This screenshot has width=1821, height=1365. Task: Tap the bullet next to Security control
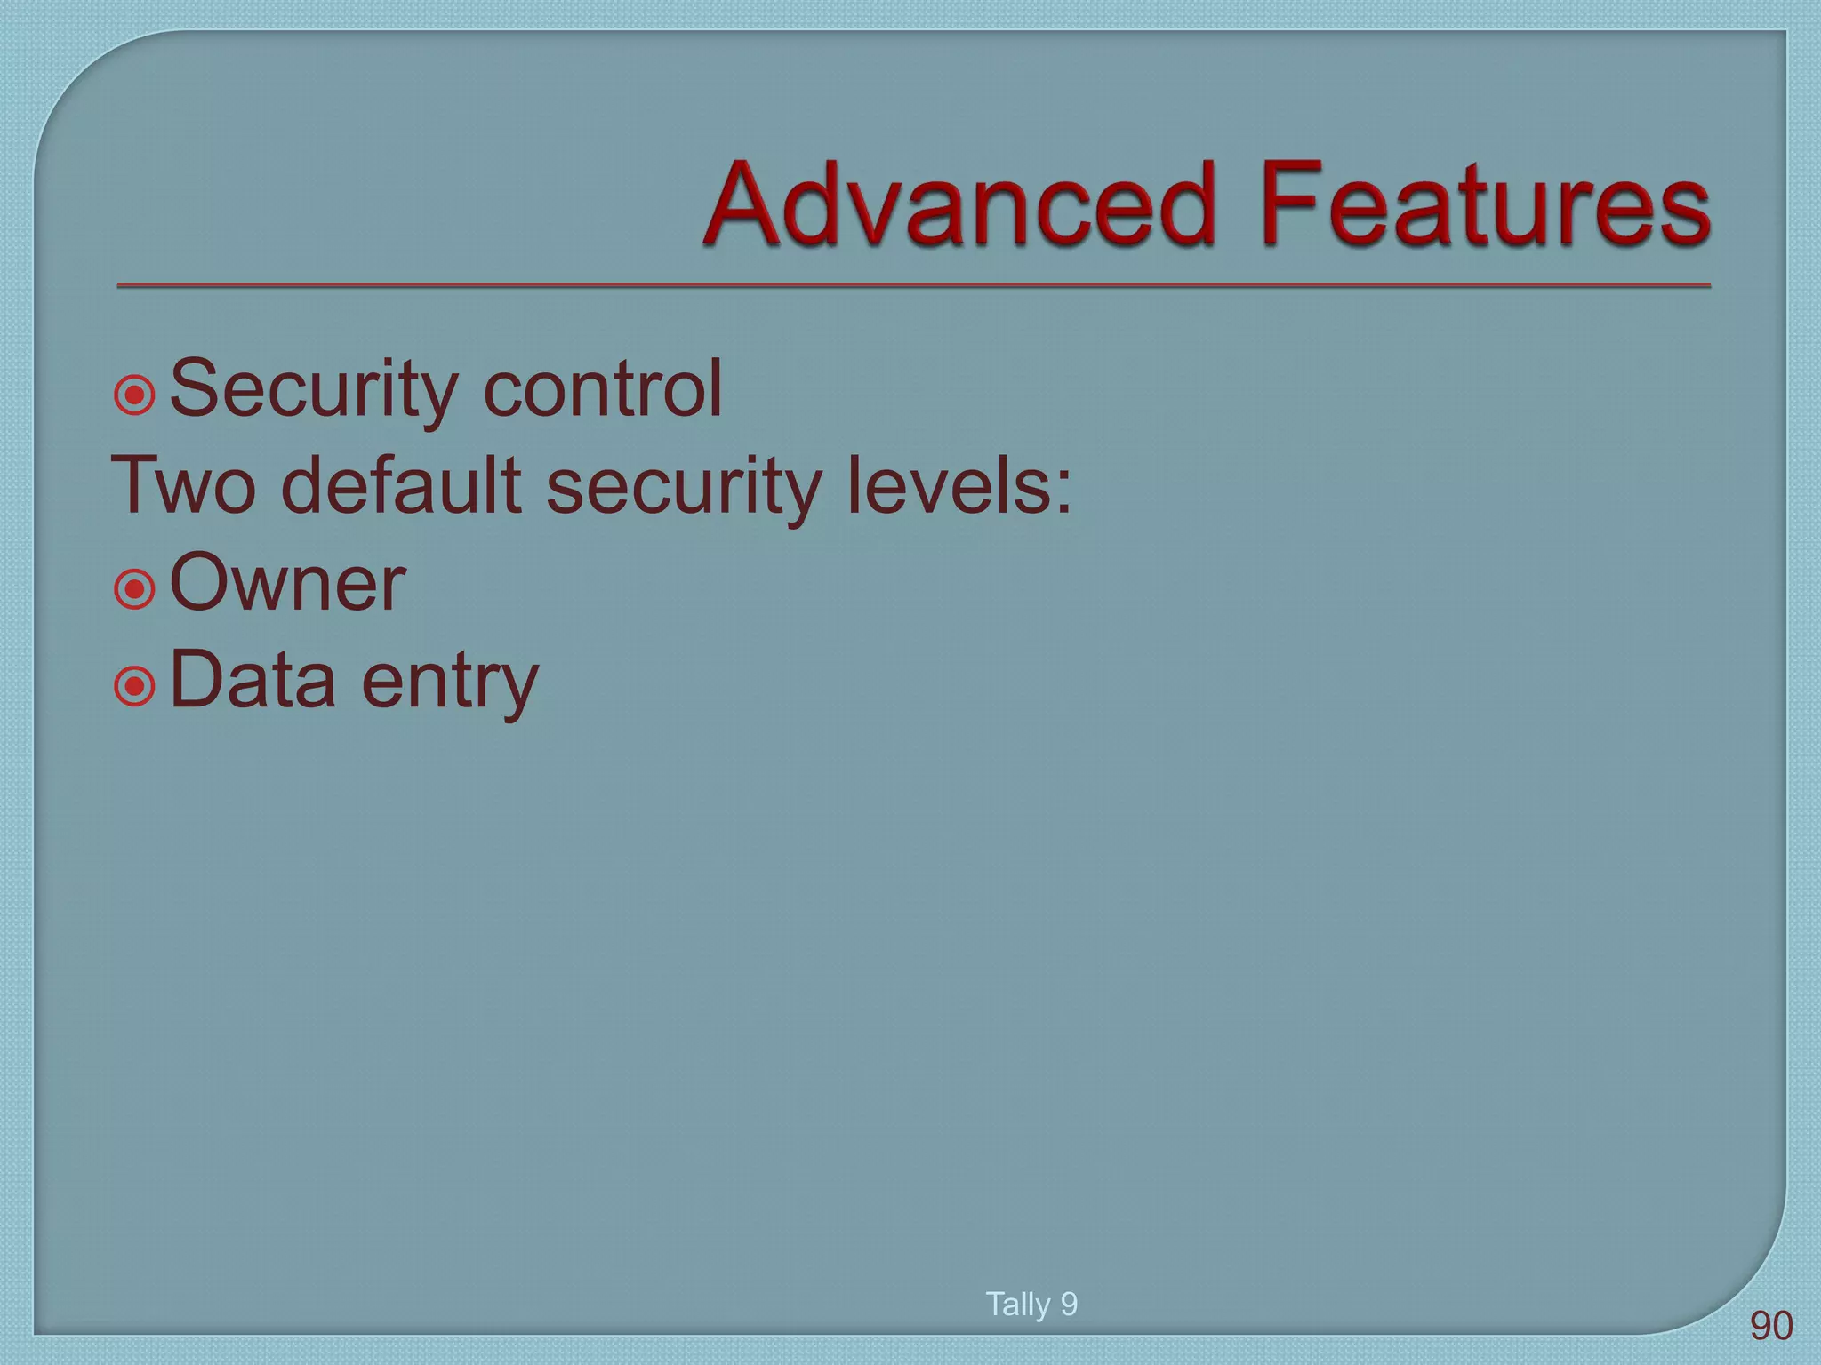[135, 394]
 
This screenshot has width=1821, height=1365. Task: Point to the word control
[602, 389]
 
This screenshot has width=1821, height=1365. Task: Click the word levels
[947, 486]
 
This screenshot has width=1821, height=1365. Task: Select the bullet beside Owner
[135, 588]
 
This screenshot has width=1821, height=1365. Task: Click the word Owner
[287, 584]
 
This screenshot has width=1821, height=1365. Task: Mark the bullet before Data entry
[135, 685]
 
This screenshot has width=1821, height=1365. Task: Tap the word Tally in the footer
[1017, 1305]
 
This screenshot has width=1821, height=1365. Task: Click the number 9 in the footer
[1069, 1305]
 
